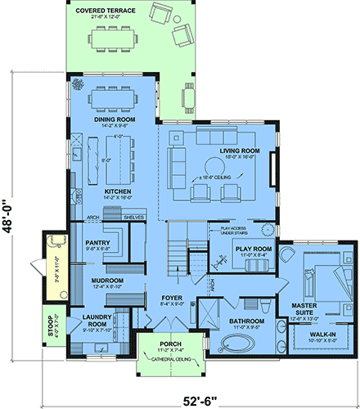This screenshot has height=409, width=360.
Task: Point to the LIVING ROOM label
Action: [x=241, y=151]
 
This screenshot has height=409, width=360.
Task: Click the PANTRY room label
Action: [x=98, y=243]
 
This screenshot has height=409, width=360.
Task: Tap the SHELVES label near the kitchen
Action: [x=133, y=217]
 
